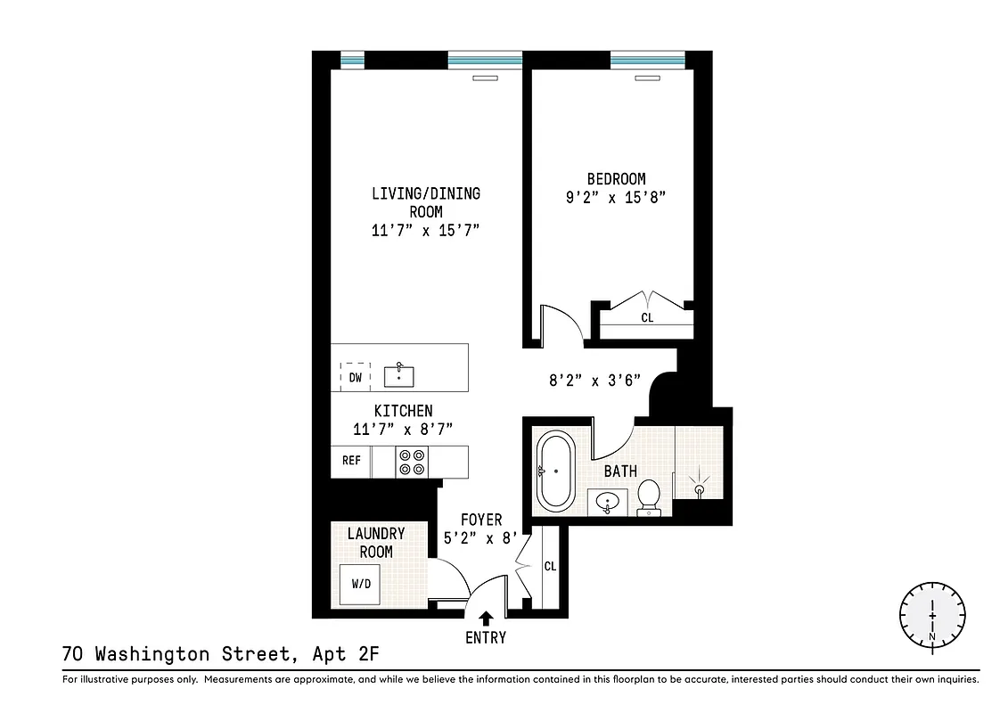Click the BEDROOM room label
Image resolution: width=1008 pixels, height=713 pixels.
point(616,179)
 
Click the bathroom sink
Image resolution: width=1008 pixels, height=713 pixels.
point(609,502)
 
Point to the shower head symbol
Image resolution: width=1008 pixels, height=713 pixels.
point(700,488)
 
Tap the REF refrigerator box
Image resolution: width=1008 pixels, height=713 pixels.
point(351,461)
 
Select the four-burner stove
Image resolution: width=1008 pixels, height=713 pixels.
point(412,462)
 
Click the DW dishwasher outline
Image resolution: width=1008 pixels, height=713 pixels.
point(356,377)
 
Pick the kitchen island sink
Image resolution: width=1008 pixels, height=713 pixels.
point(400,375)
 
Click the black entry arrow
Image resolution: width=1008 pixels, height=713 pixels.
point(486,619)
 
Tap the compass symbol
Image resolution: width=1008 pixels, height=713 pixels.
point(932,615)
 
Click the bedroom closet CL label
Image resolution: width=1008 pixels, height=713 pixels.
point(647,317)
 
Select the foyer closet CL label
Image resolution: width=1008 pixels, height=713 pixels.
point(550,566)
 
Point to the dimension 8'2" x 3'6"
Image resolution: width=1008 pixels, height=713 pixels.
point(594,379)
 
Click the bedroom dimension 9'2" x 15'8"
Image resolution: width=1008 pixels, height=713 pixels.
point(616,200)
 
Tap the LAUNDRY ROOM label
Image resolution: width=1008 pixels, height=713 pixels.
point(376,542)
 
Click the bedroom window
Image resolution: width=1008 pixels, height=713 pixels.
point(647,61)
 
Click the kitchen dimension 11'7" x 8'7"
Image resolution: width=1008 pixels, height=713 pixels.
point(403,429)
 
